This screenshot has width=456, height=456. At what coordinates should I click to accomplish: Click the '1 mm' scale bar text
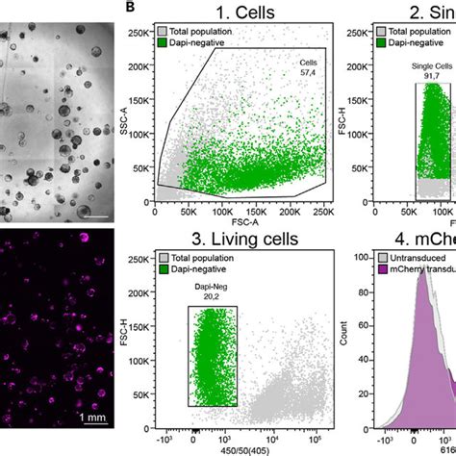coord(92,417)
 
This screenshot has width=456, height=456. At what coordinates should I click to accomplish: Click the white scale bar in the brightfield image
coord(96,216)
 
